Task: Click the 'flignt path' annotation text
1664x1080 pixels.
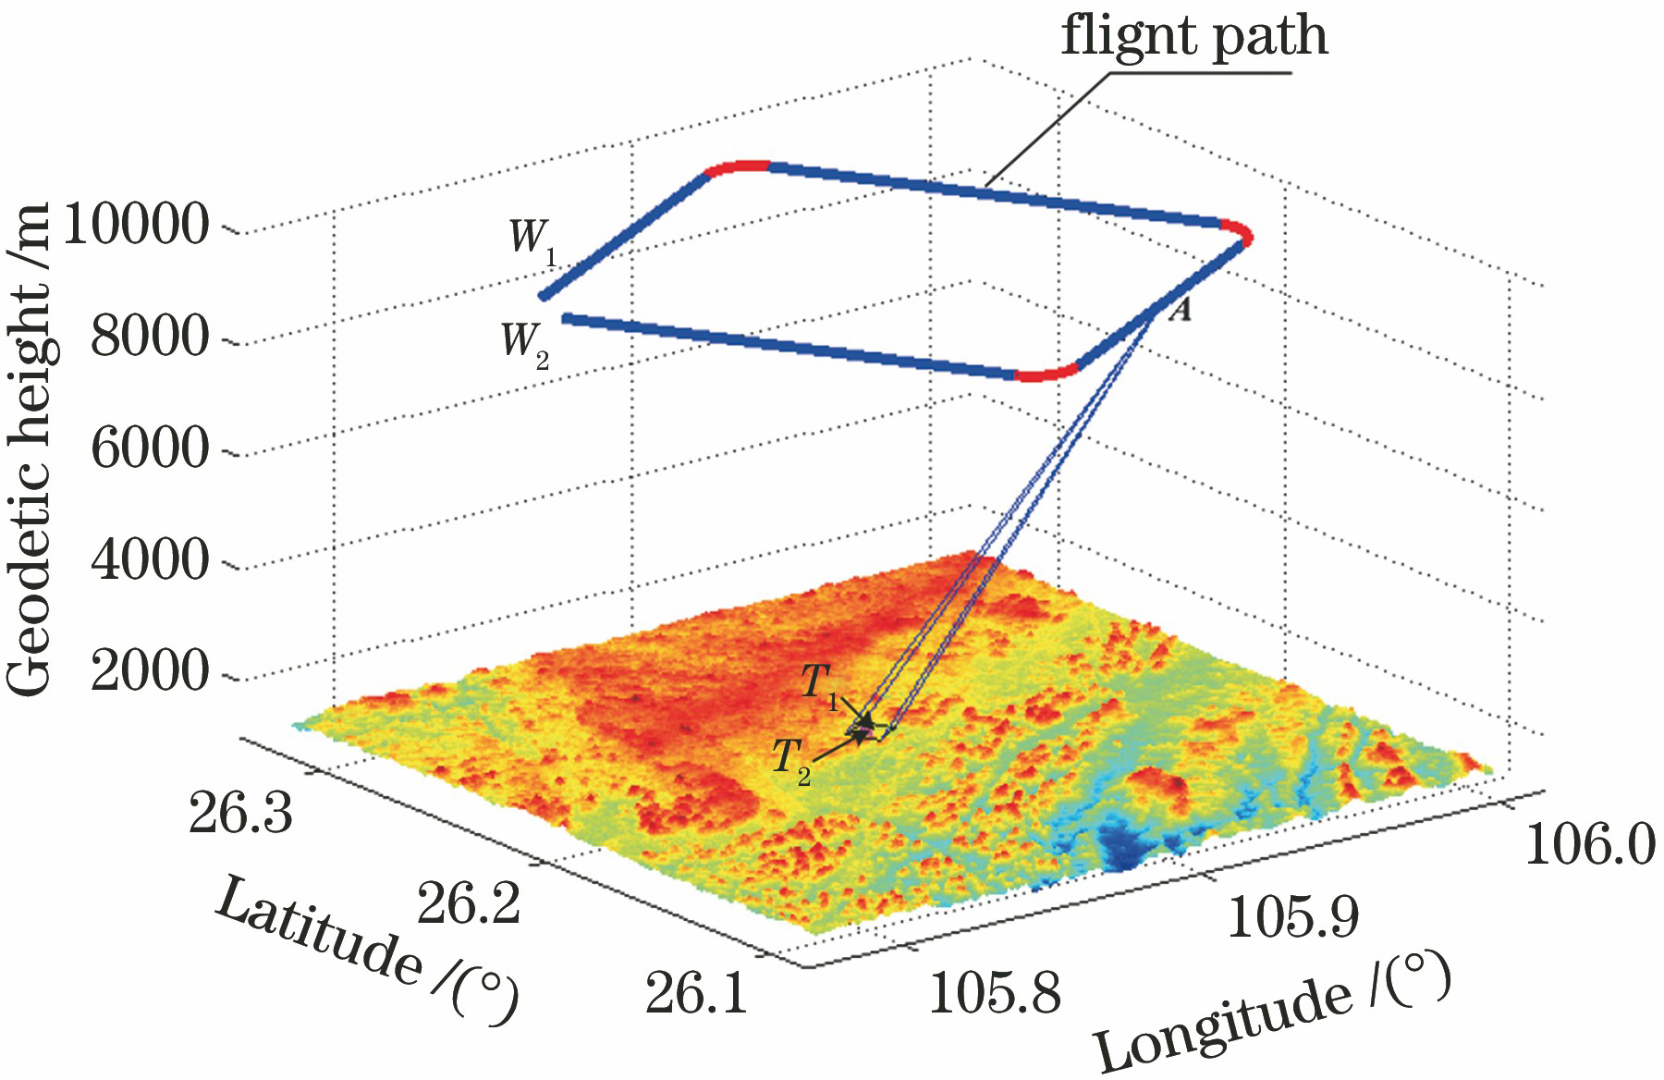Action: click(1193, 37)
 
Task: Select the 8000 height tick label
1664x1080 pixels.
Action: click(151, 337)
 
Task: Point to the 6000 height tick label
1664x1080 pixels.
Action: click(151, 448)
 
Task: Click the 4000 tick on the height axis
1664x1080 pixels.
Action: click(151, 559)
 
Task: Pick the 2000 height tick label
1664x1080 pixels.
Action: click(151, 671)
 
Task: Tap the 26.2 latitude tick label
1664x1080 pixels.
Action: click(469, 902)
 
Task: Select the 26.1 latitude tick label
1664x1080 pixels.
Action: click(695, 992)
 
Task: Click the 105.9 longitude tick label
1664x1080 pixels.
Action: click(1292, 915)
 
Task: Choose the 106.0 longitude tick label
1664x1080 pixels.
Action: click(1589, 844)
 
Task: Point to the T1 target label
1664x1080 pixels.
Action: click(819, 685)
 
